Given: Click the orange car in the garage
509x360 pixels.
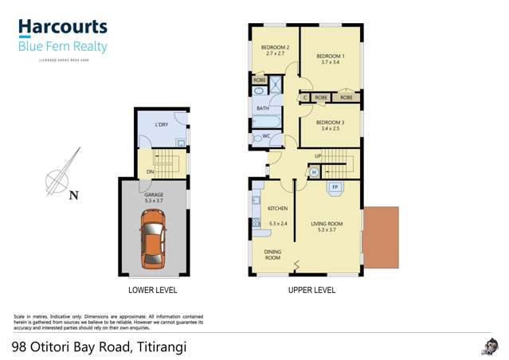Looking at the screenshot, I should coord(154,241).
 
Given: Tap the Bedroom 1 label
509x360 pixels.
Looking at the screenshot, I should coord(329,56).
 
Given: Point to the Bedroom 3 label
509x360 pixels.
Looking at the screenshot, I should coord(330,123).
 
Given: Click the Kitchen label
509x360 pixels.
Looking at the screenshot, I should coord(277,208).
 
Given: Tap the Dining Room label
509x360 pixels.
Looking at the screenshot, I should coord(272,255).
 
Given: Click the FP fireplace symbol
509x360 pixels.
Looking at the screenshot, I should coord(335,188).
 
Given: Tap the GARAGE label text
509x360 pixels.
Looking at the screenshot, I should coord(153,194).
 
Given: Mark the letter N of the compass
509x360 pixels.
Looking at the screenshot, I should coord(73,194).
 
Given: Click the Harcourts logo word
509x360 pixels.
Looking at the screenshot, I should coord(62,27).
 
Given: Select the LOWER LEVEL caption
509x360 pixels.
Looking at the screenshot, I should coord(153,290).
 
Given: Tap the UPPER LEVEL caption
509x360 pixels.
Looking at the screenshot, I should coord(311,290).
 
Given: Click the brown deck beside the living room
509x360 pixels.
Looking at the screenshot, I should coord(380,237).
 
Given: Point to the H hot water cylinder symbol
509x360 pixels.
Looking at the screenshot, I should coord(314,172).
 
